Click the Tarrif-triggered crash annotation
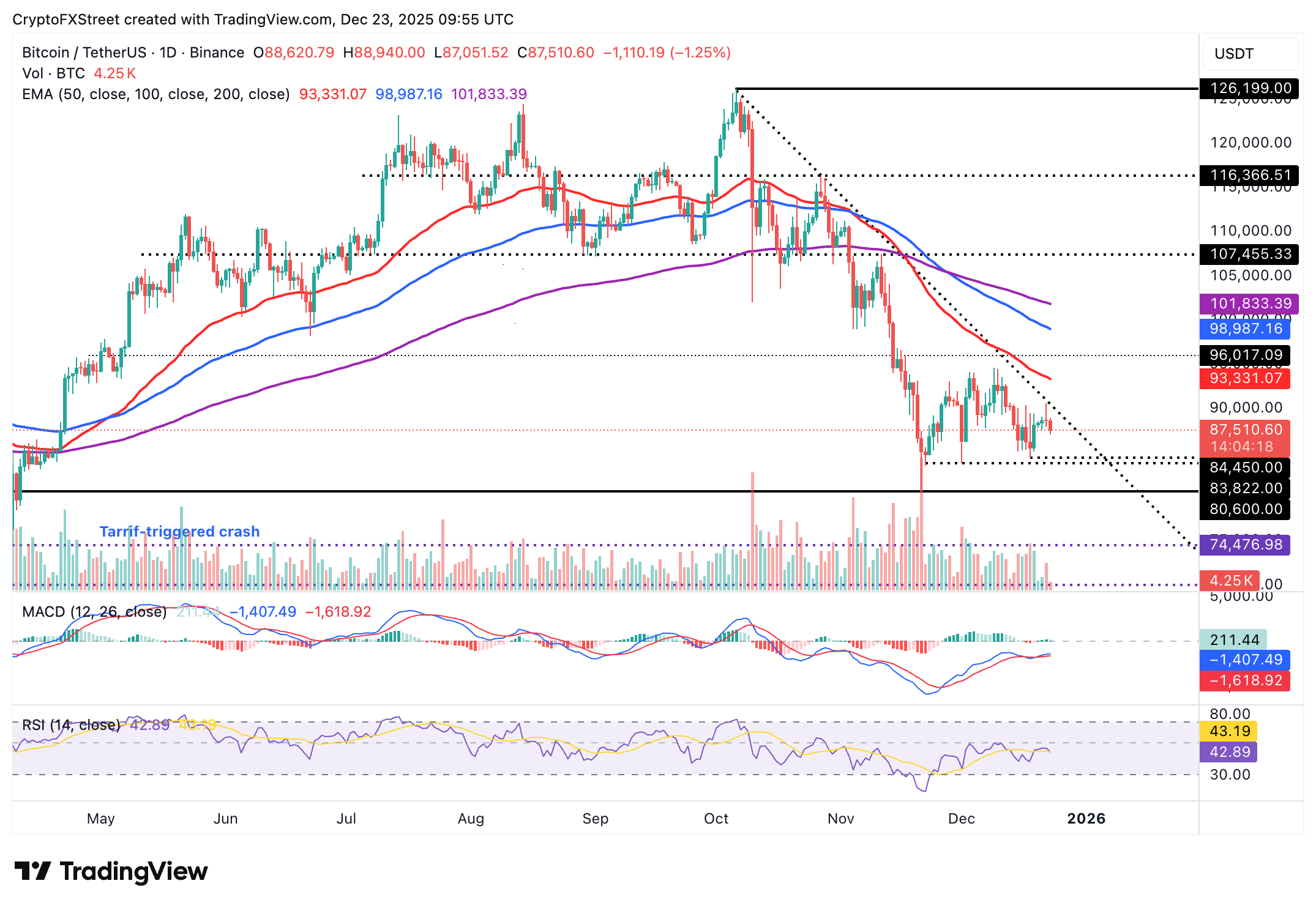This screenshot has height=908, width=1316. [x=179, y=531]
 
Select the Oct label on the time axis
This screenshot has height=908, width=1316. [x=716, y=819]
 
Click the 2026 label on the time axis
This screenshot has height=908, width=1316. [x=1086, y=819]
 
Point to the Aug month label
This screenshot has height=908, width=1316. [x=471, y=819]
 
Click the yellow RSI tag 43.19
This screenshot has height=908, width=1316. [x=1229, y=731]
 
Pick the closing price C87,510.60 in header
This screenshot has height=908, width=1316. [x=556, y=53]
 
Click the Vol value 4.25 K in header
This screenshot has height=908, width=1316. [x=114, y=73]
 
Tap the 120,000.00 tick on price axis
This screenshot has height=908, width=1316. [x=1250, y=143]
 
